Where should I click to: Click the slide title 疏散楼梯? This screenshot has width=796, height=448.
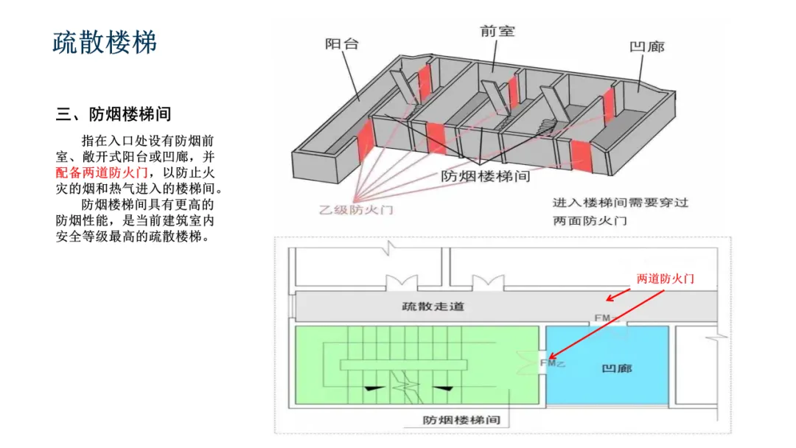[105, 42]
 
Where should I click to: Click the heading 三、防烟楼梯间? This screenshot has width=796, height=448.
[114, 114]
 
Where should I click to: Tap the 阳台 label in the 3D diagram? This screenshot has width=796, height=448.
[342, 43]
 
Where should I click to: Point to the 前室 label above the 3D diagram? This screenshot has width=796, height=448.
[497, 31]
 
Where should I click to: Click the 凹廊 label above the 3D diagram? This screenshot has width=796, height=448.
[647, 47]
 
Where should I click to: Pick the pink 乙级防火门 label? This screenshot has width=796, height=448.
[356, 209]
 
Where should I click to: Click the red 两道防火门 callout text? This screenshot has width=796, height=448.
[666, 279]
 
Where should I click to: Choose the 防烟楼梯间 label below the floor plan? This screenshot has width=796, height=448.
[461, 420]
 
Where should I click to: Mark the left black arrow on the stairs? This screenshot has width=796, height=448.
[375, 387]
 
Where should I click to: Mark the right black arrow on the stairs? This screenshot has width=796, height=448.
[441, 387]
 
